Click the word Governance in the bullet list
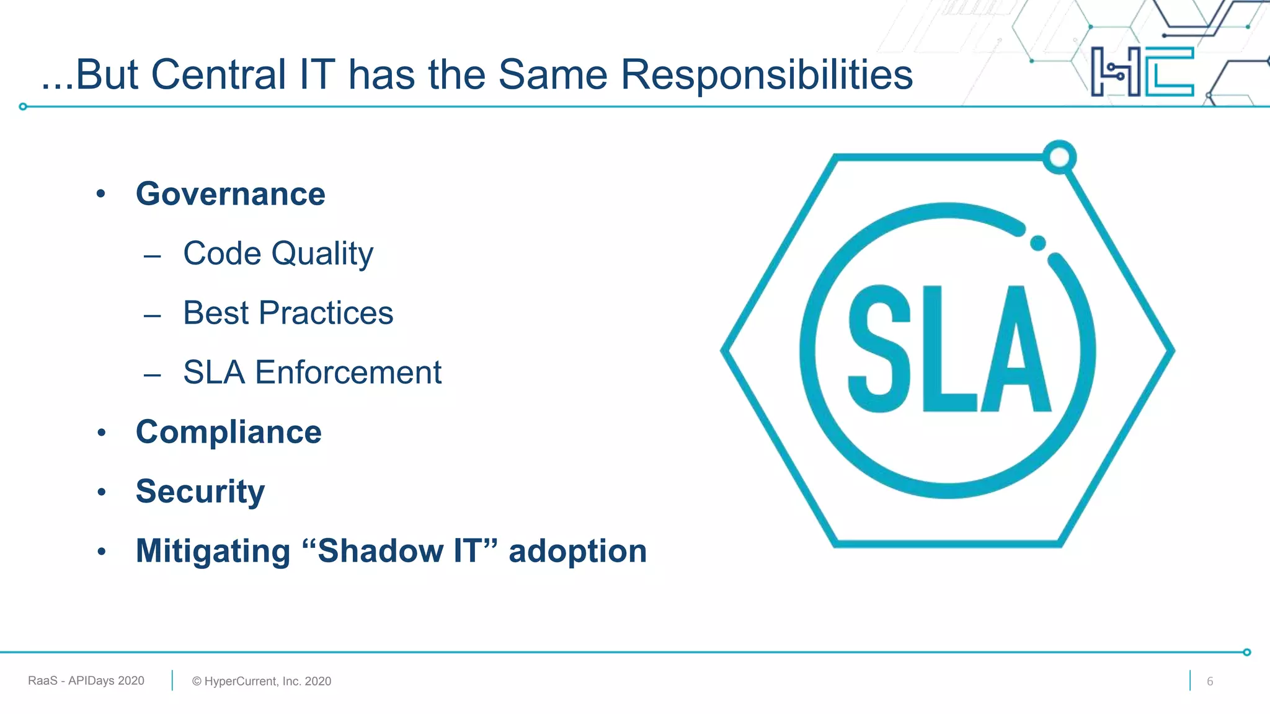point(230,194)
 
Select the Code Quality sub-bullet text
point(278,253)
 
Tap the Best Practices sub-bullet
point(288,313)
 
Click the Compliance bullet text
point(228,432)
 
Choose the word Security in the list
point(200,491)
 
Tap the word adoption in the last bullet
point(577,551)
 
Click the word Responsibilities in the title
point(766,75)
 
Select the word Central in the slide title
point(218,75)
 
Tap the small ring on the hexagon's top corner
point(1059,157)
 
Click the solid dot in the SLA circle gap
point(1038,243)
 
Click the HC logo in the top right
point(1142,71)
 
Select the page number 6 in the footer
point(1209,681)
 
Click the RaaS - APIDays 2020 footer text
point(86,681)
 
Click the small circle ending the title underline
point(23,107)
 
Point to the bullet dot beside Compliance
point(102,433)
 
